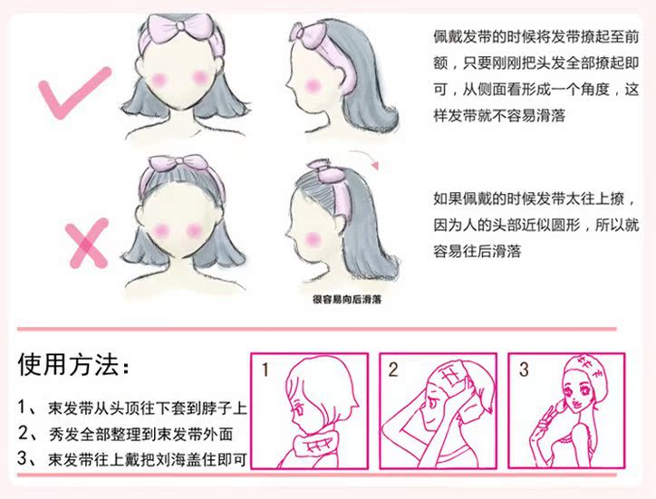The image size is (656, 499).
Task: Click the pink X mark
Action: tap(87, 244)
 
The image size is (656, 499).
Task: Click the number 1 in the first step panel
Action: tap(265, 369)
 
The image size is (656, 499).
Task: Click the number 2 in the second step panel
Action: tap(393, 369)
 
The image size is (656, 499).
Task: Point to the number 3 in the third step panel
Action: tap(524, 369)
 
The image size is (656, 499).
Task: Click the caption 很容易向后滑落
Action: tap(347, 300)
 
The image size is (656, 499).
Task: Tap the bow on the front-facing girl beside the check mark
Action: tap(180, 27)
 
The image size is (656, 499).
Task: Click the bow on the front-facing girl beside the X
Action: tap(178, 164)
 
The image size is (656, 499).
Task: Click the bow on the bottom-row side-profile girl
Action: tap(327, 170)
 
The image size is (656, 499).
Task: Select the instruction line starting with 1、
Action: tap(132, 408)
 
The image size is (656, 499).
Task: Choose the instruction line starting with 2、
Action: tap(125, 434)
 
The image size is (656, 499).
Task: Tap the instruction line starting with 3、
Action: tap(132, 459)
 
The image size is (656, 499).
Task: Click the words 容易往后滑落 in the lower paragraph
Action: tap(477, 252)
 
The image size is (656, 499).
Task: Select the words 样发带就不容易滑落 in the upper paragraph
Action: tap(499, 115)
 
